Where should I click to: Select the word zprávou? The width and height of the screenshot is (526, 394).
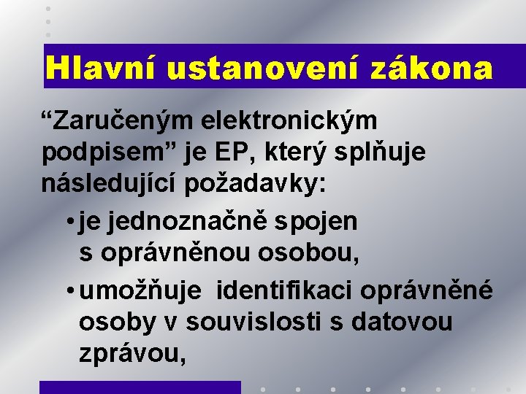[x=132, y=355]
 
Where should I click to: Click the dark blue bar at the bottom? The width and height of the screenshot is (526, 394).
[x=140, y=387]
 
